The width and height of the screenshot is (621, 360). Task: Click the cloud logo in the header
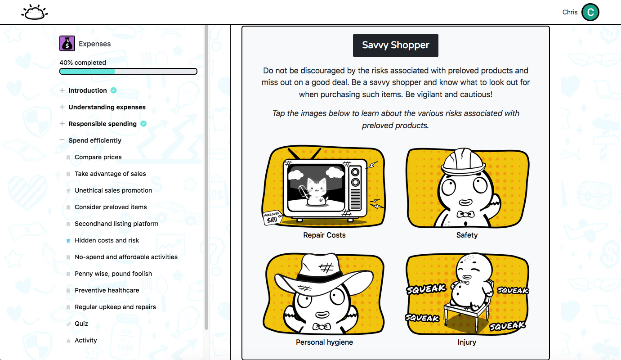[x=35, y=12]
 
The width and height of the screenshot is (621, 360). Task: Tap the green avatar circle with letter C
[x=590, y=12]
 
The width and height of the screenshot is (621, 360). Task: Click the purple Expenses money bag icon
[x=67, y=44]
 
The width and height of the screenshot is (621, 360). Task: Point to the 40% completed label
[x=83, y=63]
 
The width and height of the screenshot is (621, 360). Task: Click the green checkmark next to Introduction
[x=113, y=90]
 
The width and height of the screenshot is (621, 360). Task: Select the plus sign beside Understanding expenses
[x=62, y=107]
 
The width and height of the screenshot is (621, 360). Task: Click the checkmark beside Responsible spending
[x=143, y=124]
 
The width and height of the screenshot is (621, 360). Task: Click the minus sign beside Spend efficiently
[x=62, y=140]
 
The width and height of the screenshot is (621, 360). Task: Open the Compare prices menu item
[x=98, y=157]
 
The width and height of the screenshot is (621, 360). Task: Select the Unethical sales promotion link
[x=113, y=190]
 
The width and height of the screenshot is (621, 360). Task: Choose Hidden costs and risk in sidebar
[x=107, y=240]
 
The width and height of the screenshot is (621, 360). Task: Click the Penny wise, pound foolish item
[x=113, y=274]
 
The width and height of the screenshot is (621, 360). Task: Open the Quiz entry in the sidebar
[x=81, y=324]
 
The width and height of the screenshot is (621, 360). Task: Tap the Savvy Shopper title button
[x=396, y=45]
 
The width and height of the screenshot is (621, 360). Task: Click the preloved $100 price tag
[x=272, y=218]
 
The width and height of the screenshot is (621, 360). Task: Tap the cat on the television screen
[x=316, y=191]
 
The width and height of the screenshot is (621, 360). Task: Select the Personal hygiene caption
[x=324, y=342]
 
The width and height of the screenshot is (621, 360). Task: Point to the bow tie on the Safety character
[x=465, y=214]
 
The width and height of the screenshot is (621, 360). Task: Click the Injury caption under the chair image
[x=467, y=342]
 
